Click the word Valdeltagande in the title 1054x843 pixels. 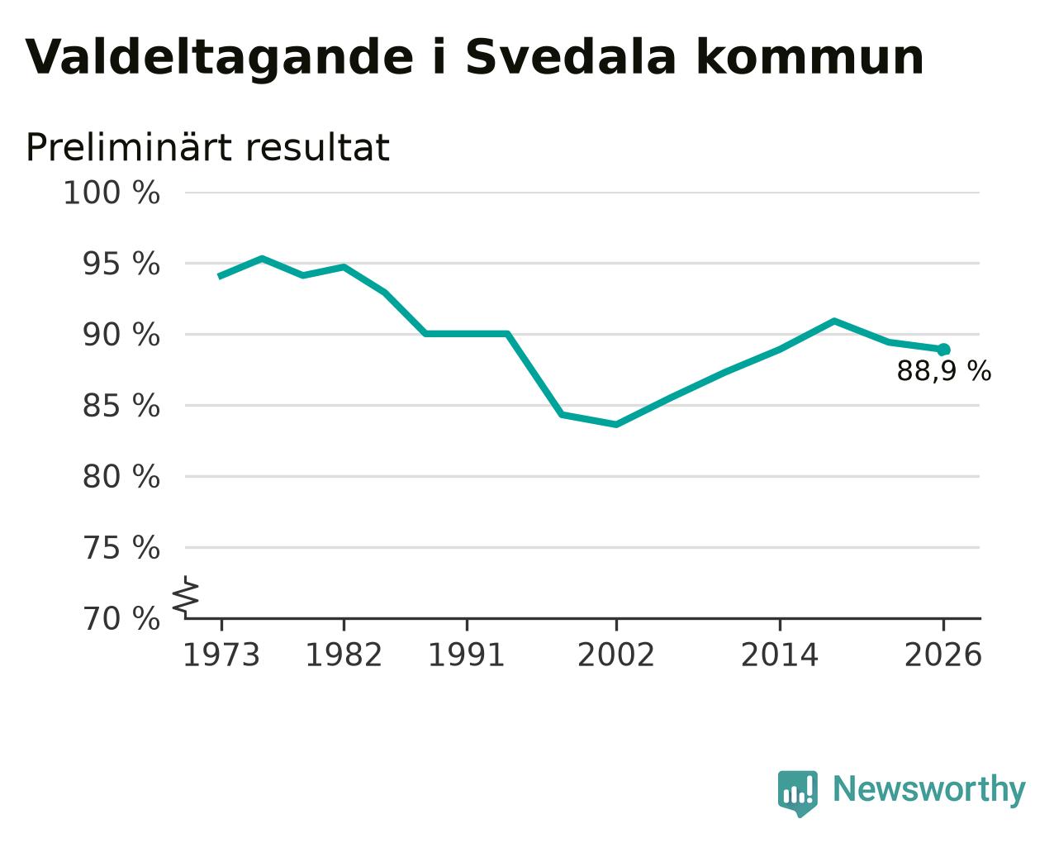coord(220,59)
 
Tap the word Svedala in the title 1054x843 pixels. coord(571,58)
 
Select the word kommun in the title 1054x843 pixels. coord(809,58)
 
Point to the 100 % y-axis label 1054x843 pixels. coord(112,193)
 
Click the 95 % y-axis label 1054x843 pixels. coord(121,264)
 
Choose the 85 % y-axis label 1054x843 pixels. coord(121,406)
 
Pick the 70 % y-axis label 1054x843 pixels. coord(121,618)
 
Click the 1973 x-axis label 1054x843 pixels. coord(221,655)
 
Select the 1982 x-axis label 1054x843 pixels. coord(344,655)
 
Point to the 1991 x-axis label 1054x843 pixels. coord(467,655)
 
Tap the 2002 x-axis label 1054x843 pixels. coord(616,655)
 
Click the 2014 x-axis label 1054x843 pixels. coord(780,655)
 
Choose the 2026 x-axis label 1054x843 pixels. coord(943,655)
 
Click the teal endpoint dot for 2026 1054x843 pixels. coord(943,350)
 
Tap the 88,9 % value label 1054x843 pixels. coord(944,371)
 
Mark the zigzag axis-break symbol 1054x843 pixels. coord(186,597)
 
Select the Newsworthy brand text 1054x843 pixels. coord(929,790)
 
